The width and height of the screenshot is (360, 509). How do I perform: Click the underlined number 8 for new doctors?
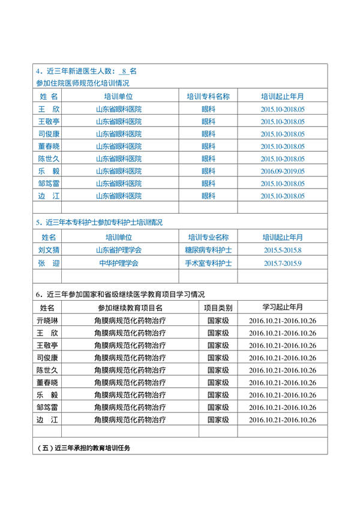pyautogui.click(x=124, y=71)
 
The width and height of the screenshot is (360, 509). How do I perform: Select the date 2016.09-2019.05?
pyautogui.click(x=283, y=171)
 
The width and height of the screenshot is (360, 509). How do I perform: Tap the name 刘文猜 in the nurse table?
pyautogui.click(x=47, y=250)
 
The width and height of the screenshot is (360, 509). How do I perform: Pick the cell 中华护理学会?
pyautogui.click(x=119, y=263)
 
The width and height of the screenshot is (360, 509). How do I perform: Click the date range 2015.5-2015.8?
pyautogui.click(x=283, y=250)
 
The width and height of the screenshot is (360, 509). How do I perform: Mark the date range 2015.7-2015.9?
pyautogui.click(x=283, y=263)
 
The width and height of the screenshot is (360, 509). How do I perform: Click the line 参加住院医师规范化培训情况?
pyautogui.click(x=82, y=83)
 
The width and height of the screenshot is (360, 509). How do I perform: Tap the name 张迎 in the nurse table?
pyautogui.click(x=47, y=263)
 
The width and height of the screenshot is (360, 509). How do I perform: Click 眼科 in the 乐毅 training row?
pyautogui.click(x=208, y=171)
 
